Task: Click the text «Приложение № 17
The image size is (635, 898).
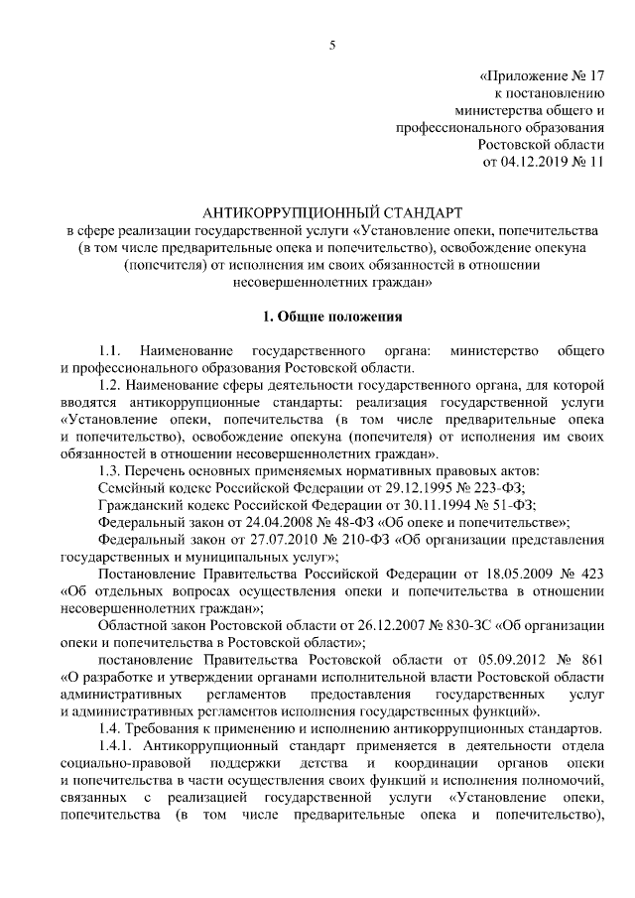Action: (x=541, y=74)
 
